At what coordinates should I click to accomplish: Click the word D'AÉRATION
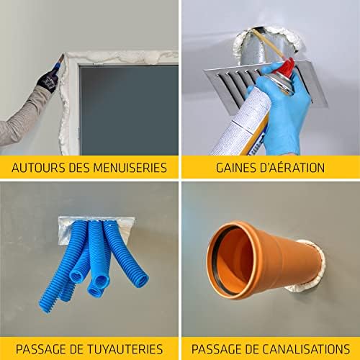point(292,168)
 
